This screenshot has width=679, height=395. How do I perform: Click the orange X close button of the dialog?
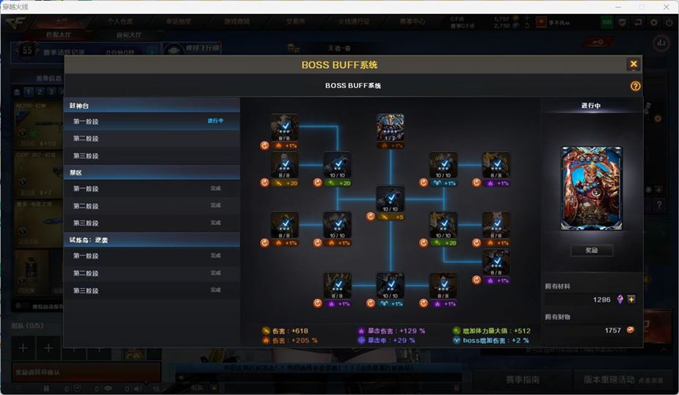[x=633, y=65]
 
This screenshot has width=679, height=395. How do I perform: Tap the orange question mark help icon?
[x=635, y=86]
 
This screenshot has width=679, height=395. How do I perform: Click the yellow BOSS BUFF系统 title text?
[x=339, y=65]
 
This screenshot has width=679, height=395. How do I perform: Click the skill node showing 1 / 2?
[x=391, y=127]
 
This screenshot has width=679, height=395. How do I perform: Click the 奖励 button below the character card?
[x=592, y=251]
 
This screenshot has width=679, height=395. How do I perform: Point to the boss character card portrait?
[x=592, y=188]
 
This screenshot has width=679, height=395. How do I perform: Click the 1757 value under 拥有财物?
[x=612, y=330]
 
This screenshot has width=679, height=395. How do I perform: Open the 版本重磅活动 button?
[x=609, y=380]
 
